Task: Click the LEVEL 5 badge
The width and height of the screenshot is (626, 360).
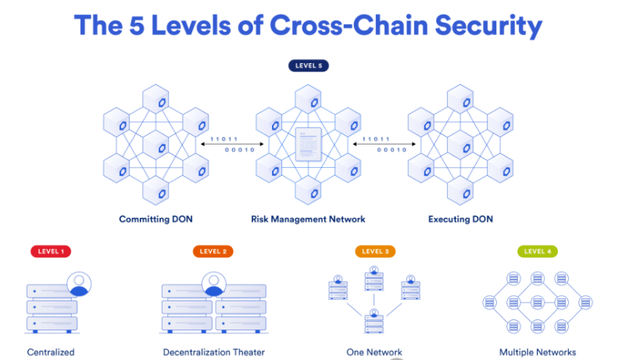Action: click(x=309, y=66)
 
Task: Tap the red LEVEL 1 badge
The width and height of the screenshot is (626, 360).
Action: click(x=51, y=251)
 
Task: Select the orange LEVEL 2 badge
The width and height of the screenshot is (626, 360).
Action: click(x=213, y=251)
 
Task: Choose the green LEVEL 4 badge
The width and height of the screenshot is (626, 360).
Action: click(x=537, y=251)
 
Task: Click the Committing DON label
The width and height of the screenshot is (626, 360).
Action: click(x=156, y=219)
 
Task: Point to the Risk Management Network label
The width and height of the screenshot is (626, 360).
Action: click(x=308, y=219)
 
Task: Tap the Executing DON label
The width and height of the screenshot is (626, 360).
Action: click(x=460, y=219)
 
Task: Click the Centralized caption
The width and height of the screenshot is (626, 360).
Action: click(x=51, y=352)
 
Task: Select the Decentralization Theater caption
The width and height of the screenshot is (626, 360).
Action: click(x=213, y=352)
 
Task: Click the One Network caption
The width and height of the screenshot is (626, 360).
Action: click(x=374, y=352)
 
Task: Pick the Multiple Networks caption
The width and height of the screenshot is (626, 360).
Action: click(x=538, y=352)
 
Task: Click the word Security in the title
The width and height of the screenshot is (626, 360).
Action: click(x=484, y=27)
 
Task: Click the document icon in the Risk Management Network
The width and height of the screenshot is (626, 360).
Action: click(x=308, y=146)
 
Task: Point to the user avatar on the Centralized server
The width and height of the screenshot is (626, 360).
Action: click(x=78, y=283)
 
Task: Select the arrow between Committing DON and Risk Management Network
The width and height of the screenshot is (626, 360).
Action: click(x=228, y=144)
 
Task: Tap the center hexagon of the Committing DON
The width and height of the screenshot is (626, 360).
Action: click(x=156, y=146)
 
